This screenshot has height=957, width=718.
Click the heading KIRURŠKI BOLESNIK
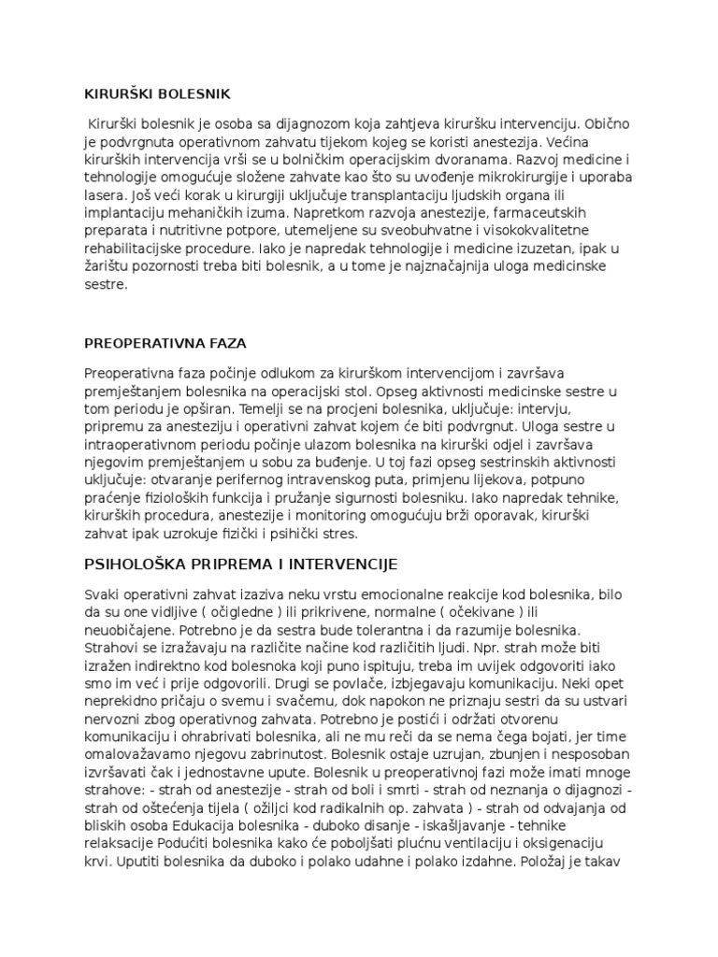157,93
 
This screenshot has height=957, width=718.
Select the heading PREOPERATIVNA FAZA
165,343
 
